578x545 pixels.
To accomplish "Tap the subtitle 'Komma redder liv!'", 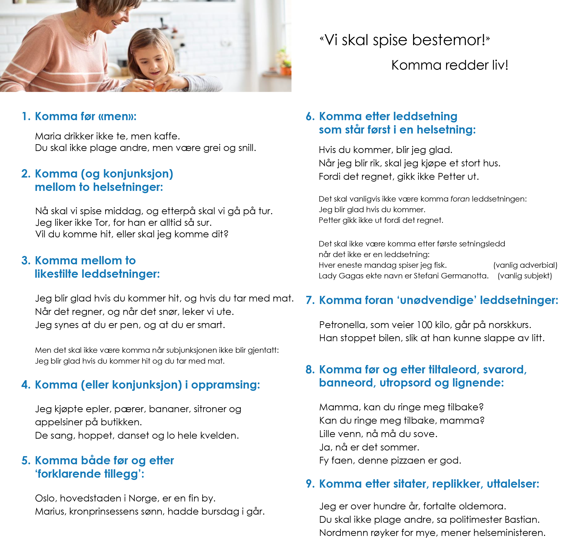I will point(449,65).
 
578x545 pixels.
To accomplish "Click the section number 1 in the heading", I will point(26,116).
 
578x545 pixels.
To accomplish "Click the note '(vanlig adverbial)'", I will point(525,265).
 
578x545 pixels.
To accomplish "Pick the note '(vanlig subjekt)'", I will point(525,276).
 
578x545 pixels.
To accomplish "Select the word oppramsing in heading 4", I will point(225,385).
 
